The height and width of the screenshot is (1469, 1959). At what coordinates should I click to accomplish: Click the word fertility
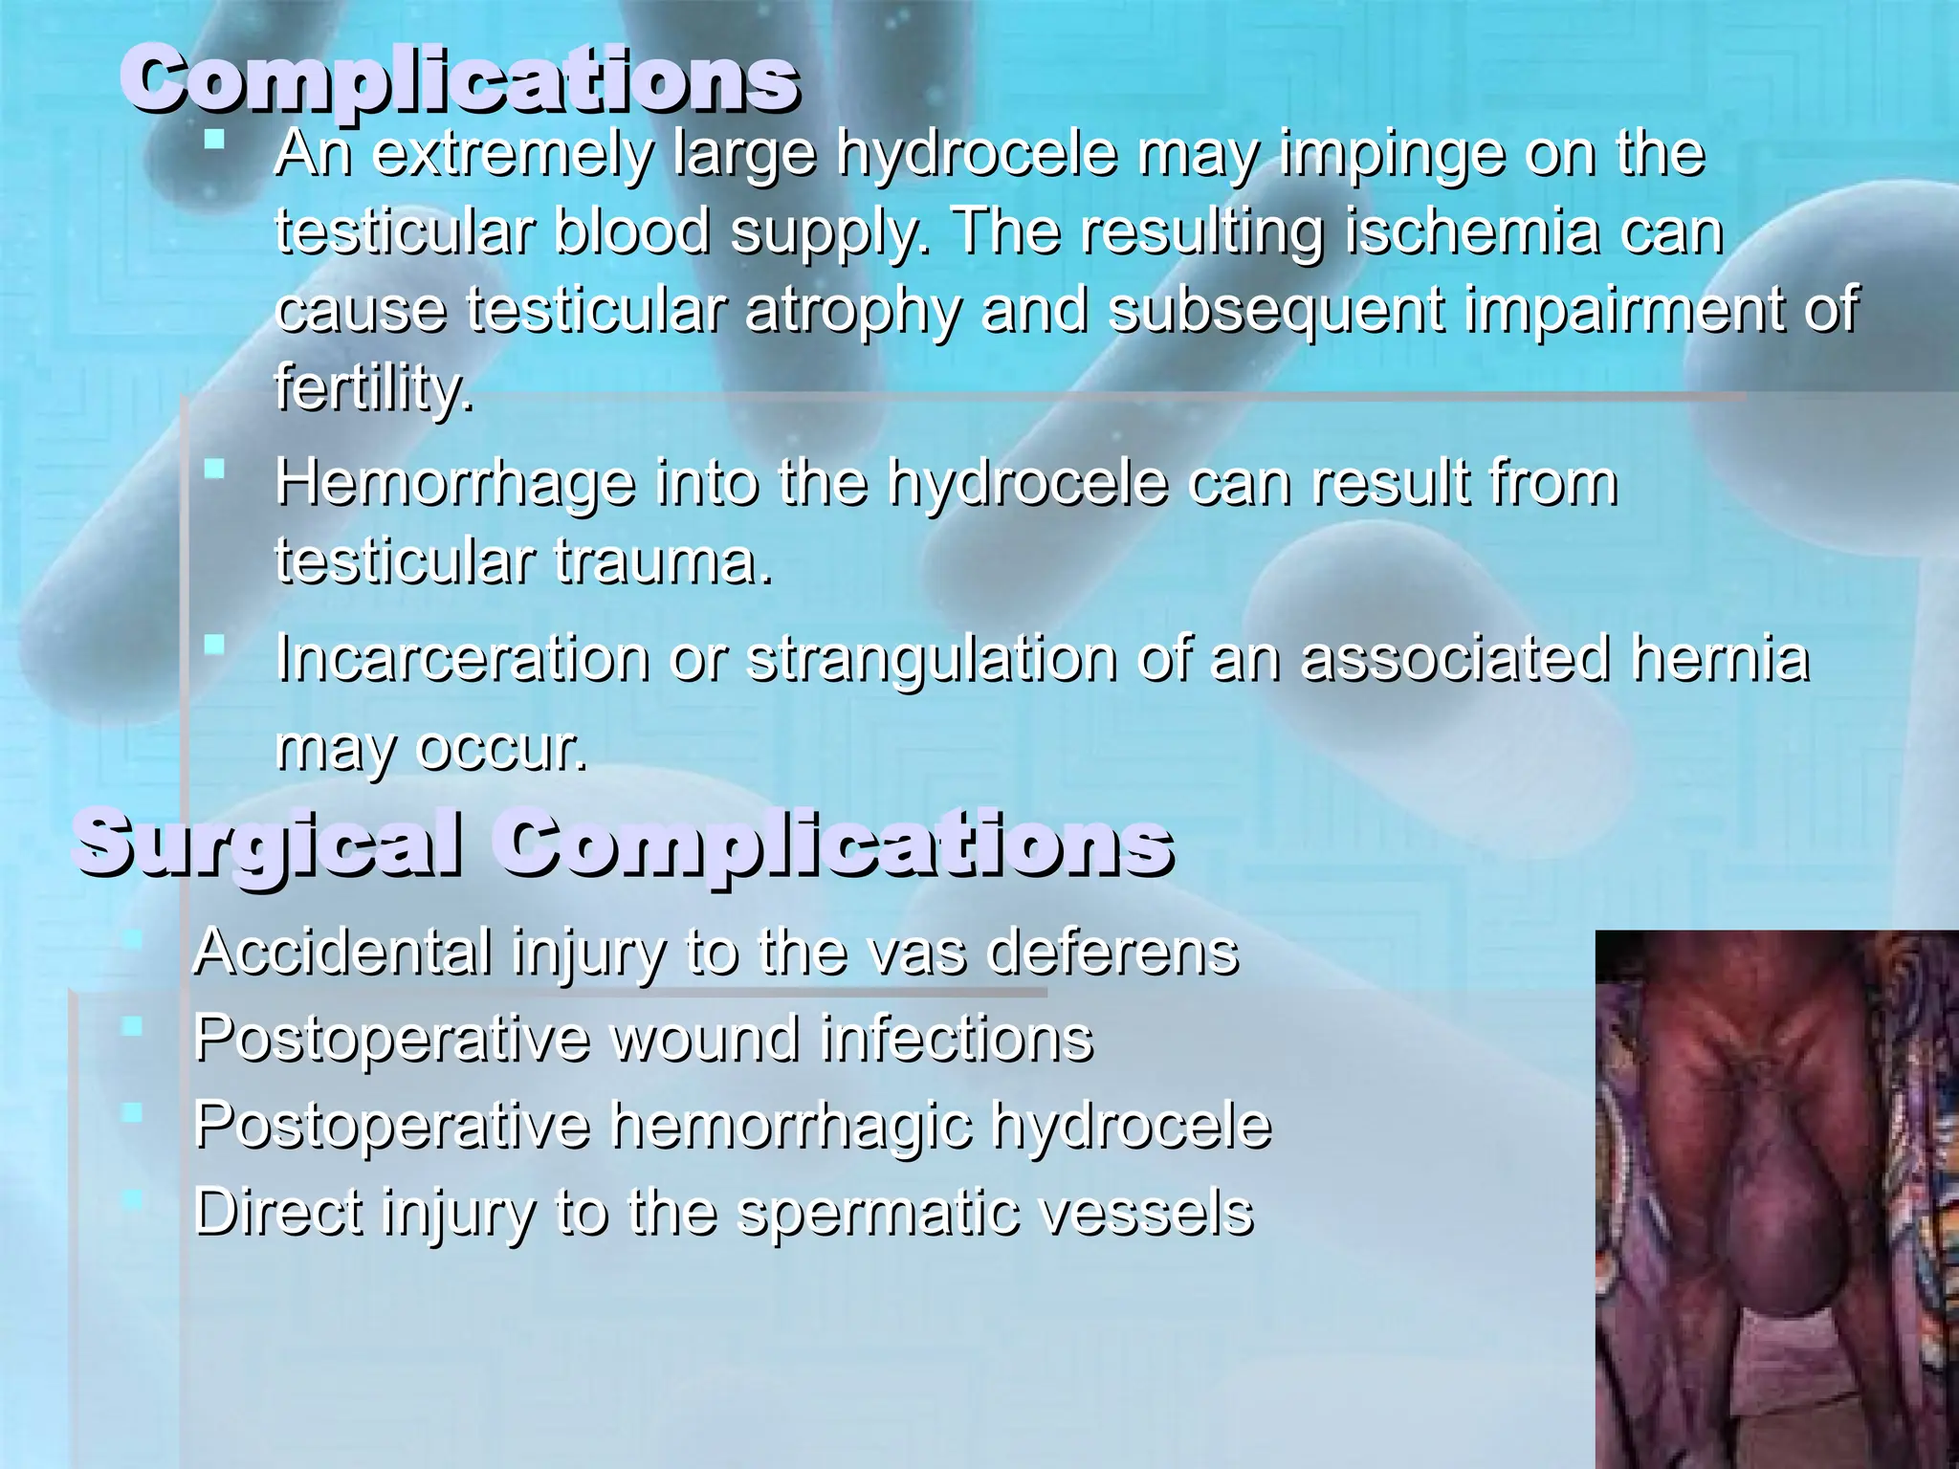pos(373,389)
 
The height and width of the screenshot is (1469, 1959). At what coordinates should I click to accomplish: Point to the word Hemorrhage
pos(455,484)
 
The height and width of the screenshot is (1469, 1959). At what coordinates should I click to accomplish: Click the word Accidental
pos(343,952)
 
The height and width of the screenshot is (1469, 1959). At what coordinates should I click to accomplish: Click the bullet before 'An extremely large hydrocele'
pos(214,141)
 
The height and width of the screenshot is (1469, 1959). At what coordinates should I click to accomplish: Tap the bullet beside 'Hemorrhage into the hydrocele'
pos(214,469)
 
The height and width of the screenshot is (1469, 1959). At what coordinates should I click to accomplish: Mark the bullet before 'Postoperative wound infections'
pos(132,1026)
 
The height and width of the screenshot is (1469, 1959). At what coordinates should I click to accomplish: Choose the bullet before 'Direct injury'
pos(132,1199)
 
